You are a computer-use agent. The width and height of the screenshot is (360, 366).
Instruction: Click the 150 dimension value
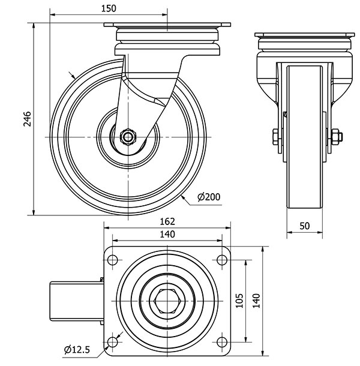[108, 8]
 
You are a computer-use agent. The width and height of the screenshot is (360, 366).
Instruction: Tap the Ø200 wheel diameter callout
[208, 196]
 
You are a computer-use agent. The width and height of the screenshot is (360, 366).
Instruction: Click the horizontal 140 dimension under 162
[167, 235]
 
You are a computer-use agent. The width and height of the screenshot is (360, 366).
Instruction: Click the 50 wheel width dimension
[304, 226]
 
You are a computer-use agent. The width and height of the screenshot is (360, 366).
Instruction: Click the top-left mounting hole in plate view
[112, 260]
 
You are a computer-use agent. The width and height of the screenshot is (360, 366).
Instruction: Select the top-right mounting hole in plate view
[222, 260]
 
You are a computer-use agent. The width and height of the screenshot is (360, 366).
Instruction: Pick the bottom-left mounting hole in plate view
[112, 343]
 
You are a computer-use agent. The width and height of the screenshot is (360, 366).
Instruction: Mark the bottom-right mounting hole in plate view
[222, 343]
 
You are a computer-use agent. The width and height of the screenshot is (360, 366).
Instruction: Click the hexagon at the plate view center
[167, 301]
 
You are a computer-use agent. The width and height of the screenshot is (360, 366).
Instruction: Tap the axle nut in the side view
[128, 137]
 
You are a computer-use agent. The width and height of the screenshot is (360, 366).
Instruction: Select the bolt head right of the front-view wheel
[335, 137]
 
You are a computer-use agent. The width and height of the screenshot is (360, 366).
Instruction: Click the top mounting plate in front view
[304, 34]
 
